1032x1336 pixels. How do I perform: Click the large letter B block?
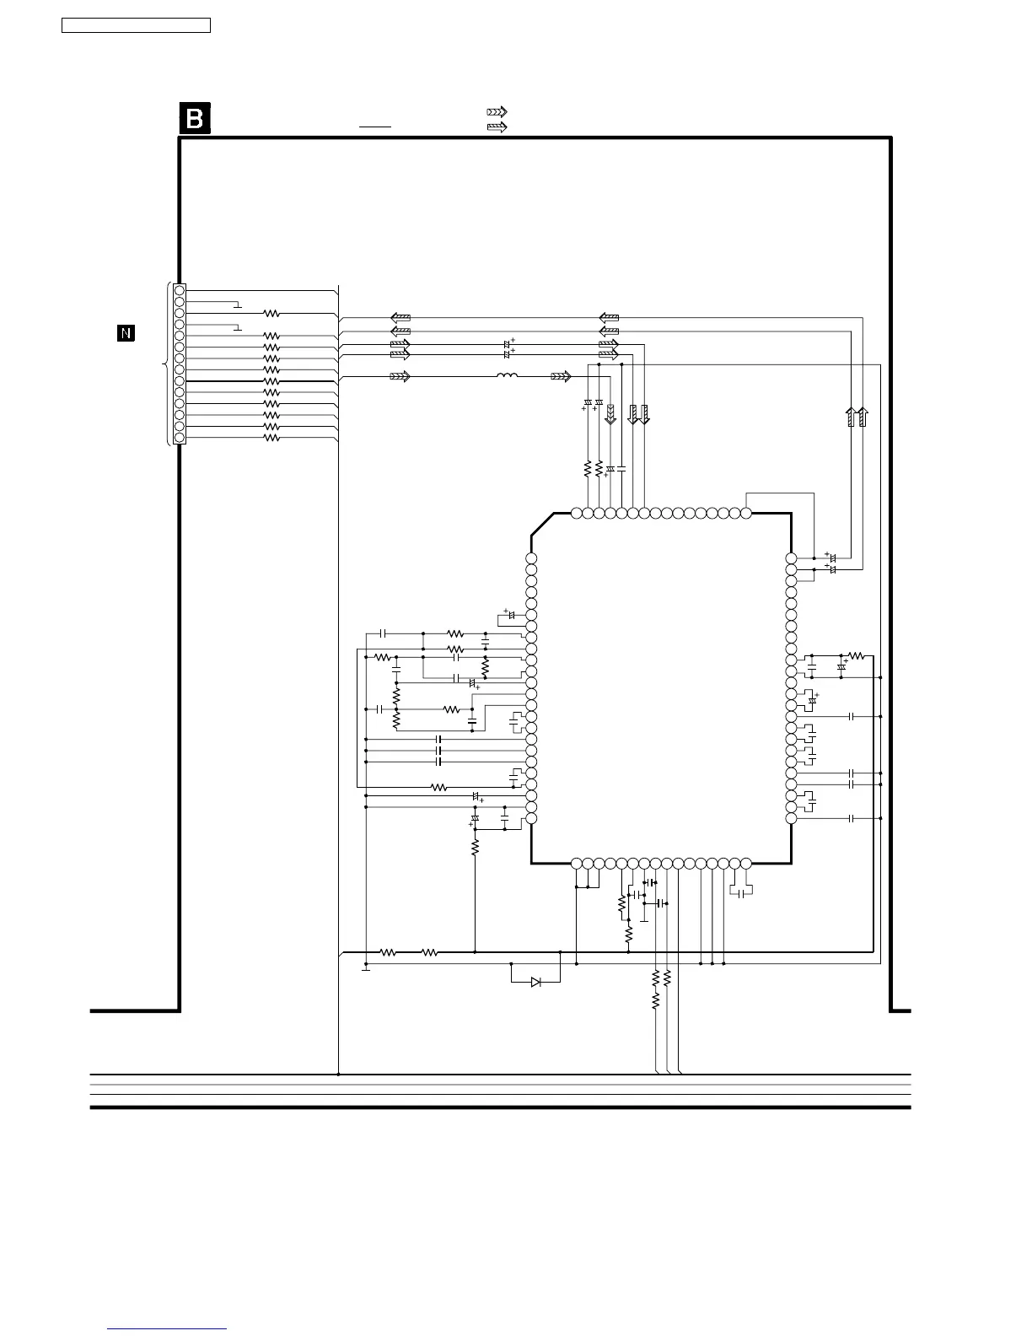pos(195,119)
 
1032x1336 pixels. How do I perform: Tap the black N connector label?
pos(125,333)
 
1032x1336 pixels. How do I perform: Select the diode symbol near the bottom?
pos(536,982)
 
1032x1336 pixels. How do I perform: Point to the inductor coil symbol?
pos(507,376)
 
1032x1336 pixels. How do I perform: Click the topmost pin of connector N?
pos(180,290)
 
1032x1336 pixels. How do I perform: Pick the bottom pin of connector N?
pos(180,439)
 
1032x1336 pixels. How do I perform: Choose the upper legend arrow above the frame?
pos(497,112)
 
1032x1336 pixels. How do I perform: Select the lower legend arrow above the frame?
pos(497,127)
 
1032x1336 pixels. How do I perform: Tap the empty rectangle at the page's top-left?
pos(136,25)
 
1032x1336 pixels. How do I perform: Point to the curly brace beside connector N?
pos(165,364)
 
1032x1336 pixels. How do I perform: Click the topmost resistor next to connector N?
pos(271,313)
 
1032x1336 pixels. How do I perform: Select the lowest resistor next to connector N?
pos(271,439)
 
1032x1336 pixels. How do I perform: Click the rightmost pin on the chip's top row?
pos(745,513)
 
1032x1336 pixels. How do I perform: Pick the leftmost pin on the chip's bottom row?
pos(577,864)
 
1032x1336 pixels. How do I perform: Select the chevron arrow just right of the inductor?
pos(561,376)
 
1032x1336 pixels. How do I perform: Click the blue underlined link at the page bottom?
pos(168,1330)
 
